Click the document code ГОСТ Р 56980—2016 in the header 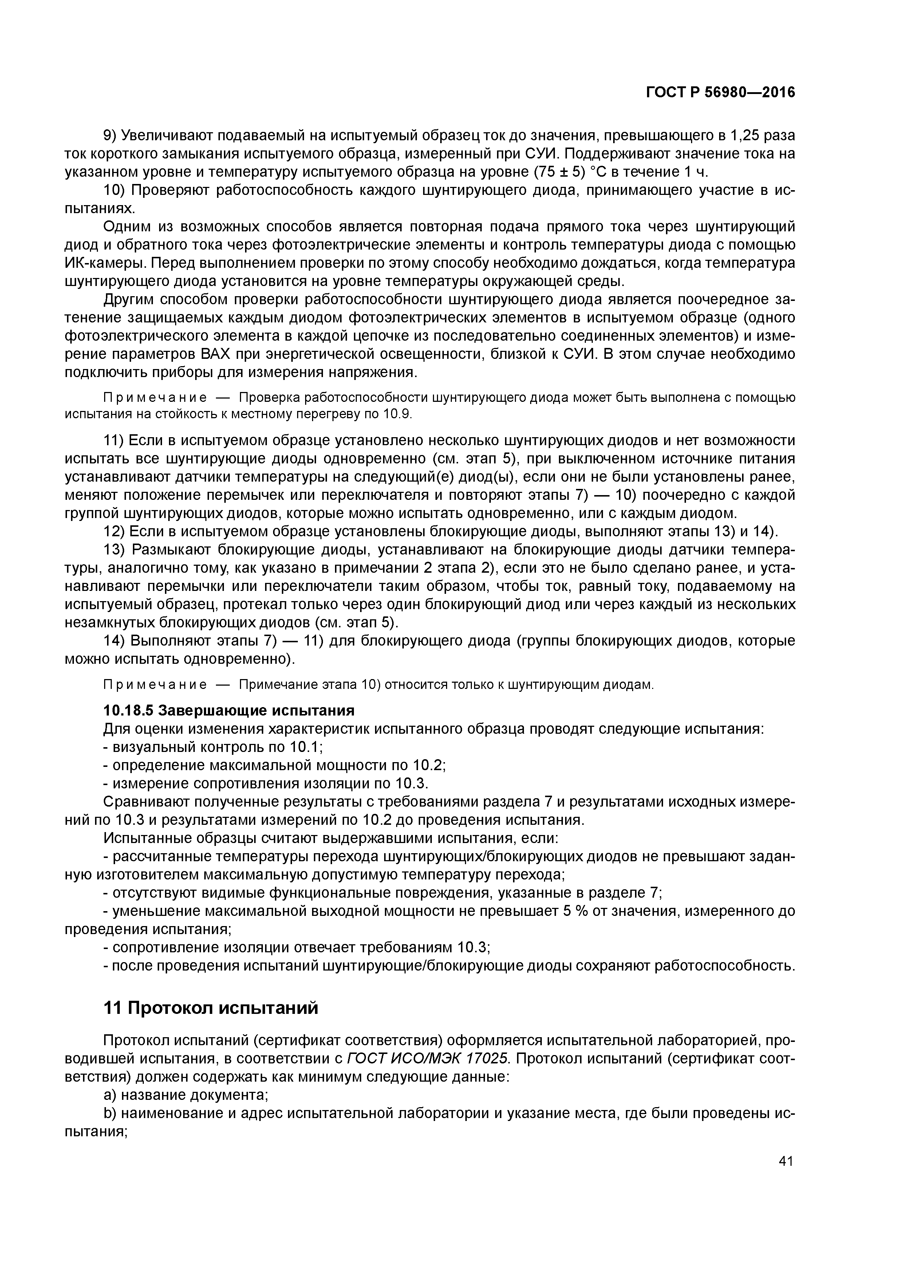point(721,93)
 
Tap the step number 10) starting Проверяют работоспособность point(114,191)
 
